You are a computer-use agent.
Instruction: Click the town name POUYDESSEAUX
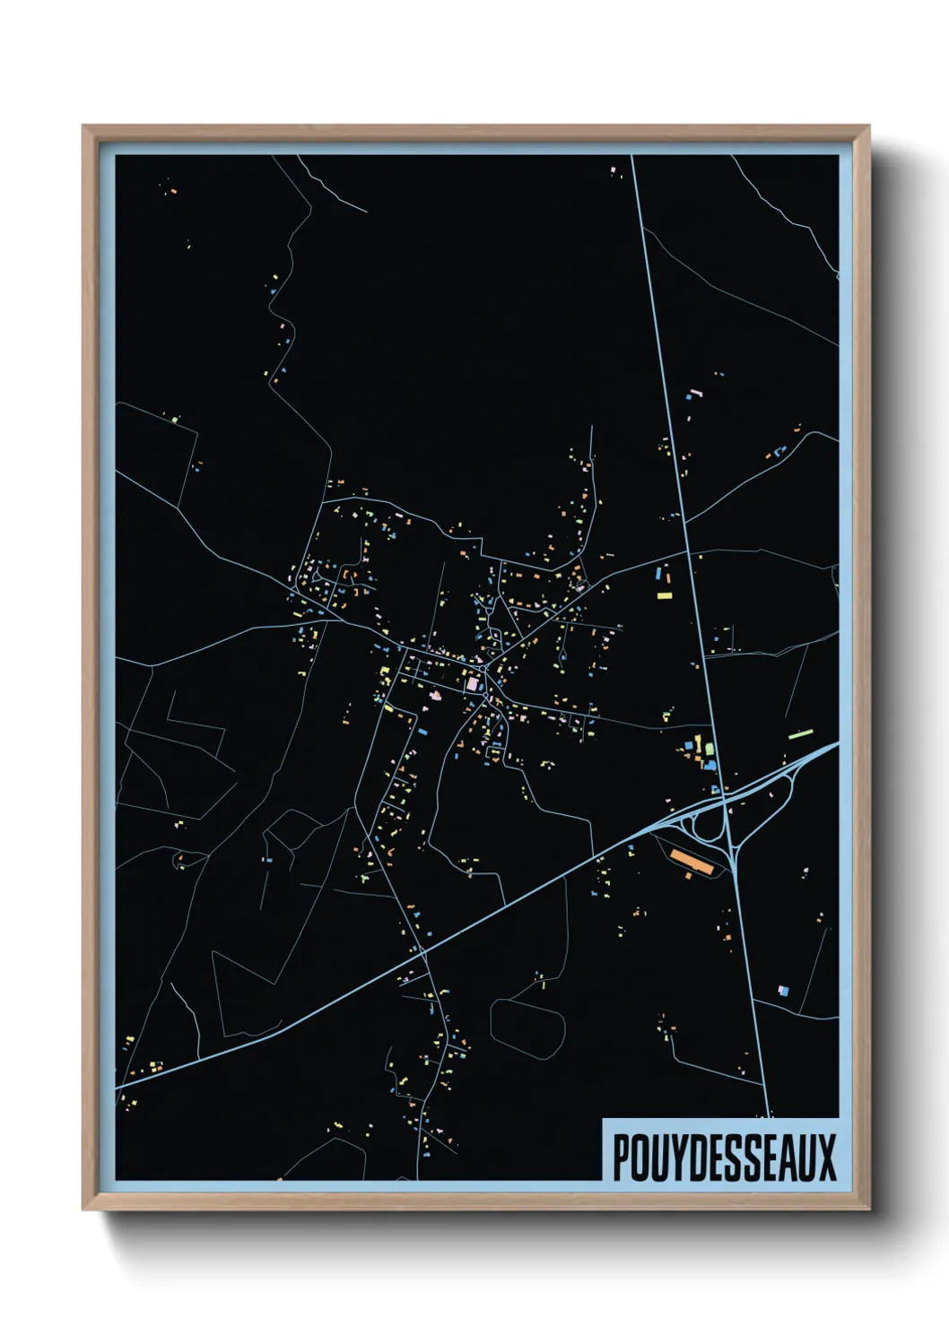723,1158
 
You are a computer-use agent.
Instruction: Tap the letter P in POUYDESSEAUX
621,1158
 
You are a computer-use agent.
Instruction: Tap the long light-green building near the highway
800,734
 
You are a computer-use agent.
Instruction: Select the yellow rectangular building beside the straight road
664,594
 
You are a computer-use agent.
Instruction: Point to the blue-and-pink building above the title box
783,990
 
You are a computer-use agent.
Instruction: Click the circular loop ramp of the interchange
709,825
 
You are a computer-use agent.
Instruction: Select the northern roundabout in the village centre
484,666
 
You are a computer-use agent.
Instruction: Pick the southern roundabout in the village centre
485,698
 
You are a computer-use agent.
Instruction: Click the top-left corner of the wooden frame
84,127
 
